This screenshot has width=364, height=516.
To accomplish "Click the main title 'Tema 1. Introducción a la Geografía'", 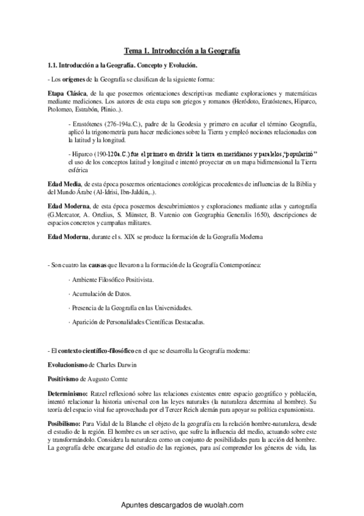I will pyautogui.click(x=182, y=52).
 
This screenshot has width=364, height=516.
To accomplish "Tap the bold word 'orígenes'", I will pyautogui.click(x=74, y=78).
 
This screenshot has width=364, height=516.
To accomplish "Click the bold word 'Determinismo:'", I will pyautogui.click(x=69, y=394).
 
